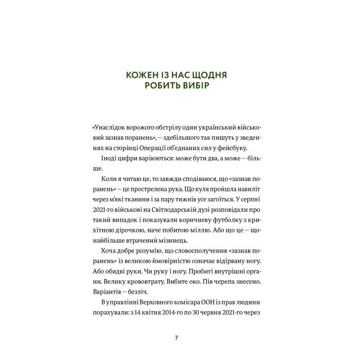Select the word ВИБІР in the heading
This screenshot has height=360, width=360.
[x=194, y=86]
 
